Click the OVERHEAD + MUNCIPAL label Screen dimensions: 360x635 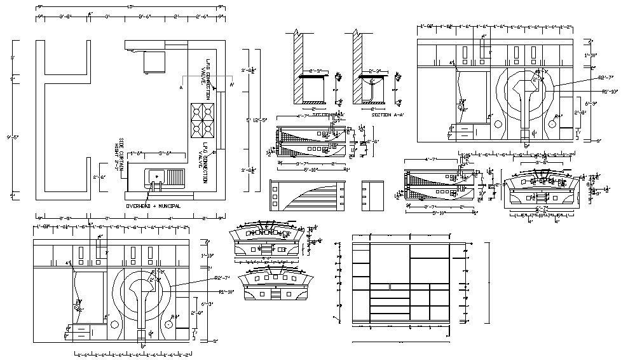click(153, 206)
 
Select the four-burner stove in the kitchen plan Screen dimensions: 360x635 click(201, 119)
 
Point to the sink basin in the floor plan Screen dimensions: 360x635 click(155, 176)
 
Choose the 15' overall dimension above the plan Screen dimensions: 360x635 click(130, 6)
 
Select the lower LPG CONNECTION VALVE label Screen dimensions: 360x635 click(205, 163)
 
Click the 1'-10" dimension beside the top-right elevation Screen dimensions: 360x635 click(591, 55)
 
